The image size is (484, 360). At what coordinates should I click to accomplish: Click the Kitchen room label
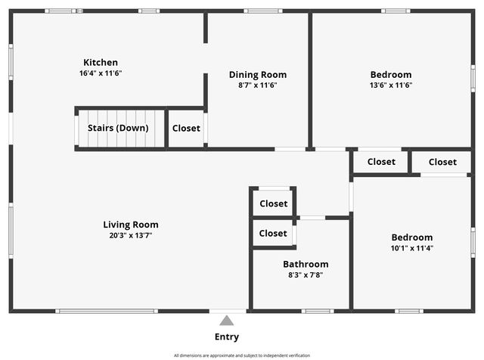101,62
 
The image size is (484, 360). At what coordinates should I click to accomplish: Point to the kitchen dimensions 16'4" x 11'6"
101,73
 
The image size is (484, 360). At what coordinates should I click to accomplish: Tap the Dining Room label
258,74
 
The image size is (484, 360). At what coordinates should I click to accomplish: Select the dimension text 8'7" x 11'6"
258,85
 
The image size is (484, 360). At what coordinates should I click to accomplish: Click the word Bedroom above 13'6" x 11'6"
391,74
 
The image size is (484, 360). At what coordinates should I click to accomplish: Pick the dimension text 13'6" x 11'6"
391,85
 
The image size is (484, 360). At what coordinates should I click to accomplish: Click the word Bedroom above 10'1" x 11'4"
412,237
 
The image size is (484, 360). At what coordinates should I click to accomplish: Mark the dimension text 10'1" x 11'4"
412,248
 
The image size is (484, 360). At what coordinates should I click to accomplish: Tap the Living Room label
131,224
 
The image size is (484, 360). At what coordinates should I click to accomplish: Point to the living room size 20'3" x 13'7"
131,235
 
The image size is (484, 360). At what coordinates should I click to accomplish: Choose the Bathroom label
306,264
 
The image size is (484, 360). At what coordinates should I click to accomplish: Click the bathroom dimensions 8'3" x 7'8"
306,275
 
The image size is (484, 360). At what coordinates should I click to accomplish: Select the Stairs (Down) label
118,128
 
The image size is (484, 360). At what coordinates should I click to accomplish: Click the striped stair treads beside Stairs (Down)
155,128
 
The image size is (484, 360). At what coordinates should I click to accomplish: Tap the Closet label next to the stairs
186,128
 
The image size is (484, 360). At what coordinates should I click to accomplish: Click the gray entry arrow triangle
227,321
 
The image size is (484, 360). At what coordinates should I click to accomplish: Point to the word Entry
227,337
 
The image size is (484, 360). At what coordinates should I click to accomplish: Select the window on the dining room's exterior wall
262,11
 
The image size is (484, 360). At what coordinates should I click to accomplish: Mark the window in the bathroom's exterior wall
318,311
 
